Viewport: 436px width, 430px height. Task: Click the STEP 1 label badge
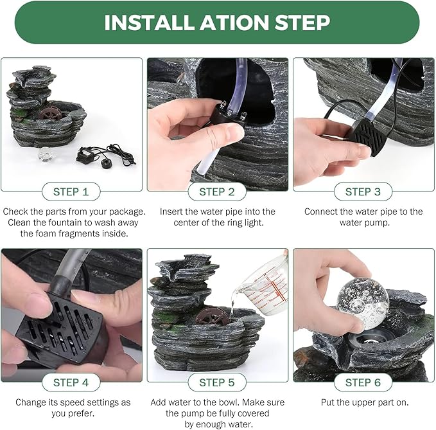[x=71, y=192]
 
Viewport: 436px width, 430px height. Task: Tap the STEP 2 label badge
[x=217, y=192]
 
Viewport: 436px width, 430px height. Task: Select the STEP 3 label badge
[x=363, y=192]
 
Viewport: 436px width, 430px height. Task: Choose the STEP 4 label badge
[x=71, y=382]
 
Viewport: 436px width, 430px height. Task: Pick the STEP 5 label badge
[x=217, y=382]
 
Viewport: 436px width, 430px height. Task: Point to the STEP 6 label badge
[x=363, y=382]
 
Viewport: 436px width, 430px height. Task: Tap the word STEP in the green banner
[x=302, y=22]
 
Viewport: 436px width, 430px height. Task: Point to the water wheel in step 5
[x=209, y=315]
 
